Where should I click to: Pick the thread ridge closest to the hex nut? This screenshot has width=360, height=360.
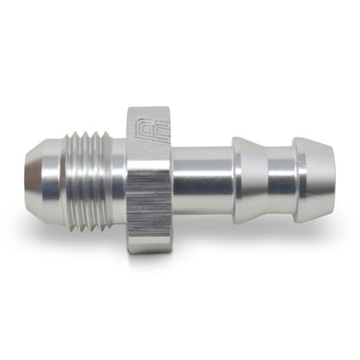click(x=113, y=179)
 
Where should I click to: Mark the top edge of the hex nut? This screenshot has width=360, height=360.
click(x=146, y=109)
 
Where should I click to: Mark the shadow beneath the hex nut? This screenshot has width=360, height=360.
click(x=151, y=260)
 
